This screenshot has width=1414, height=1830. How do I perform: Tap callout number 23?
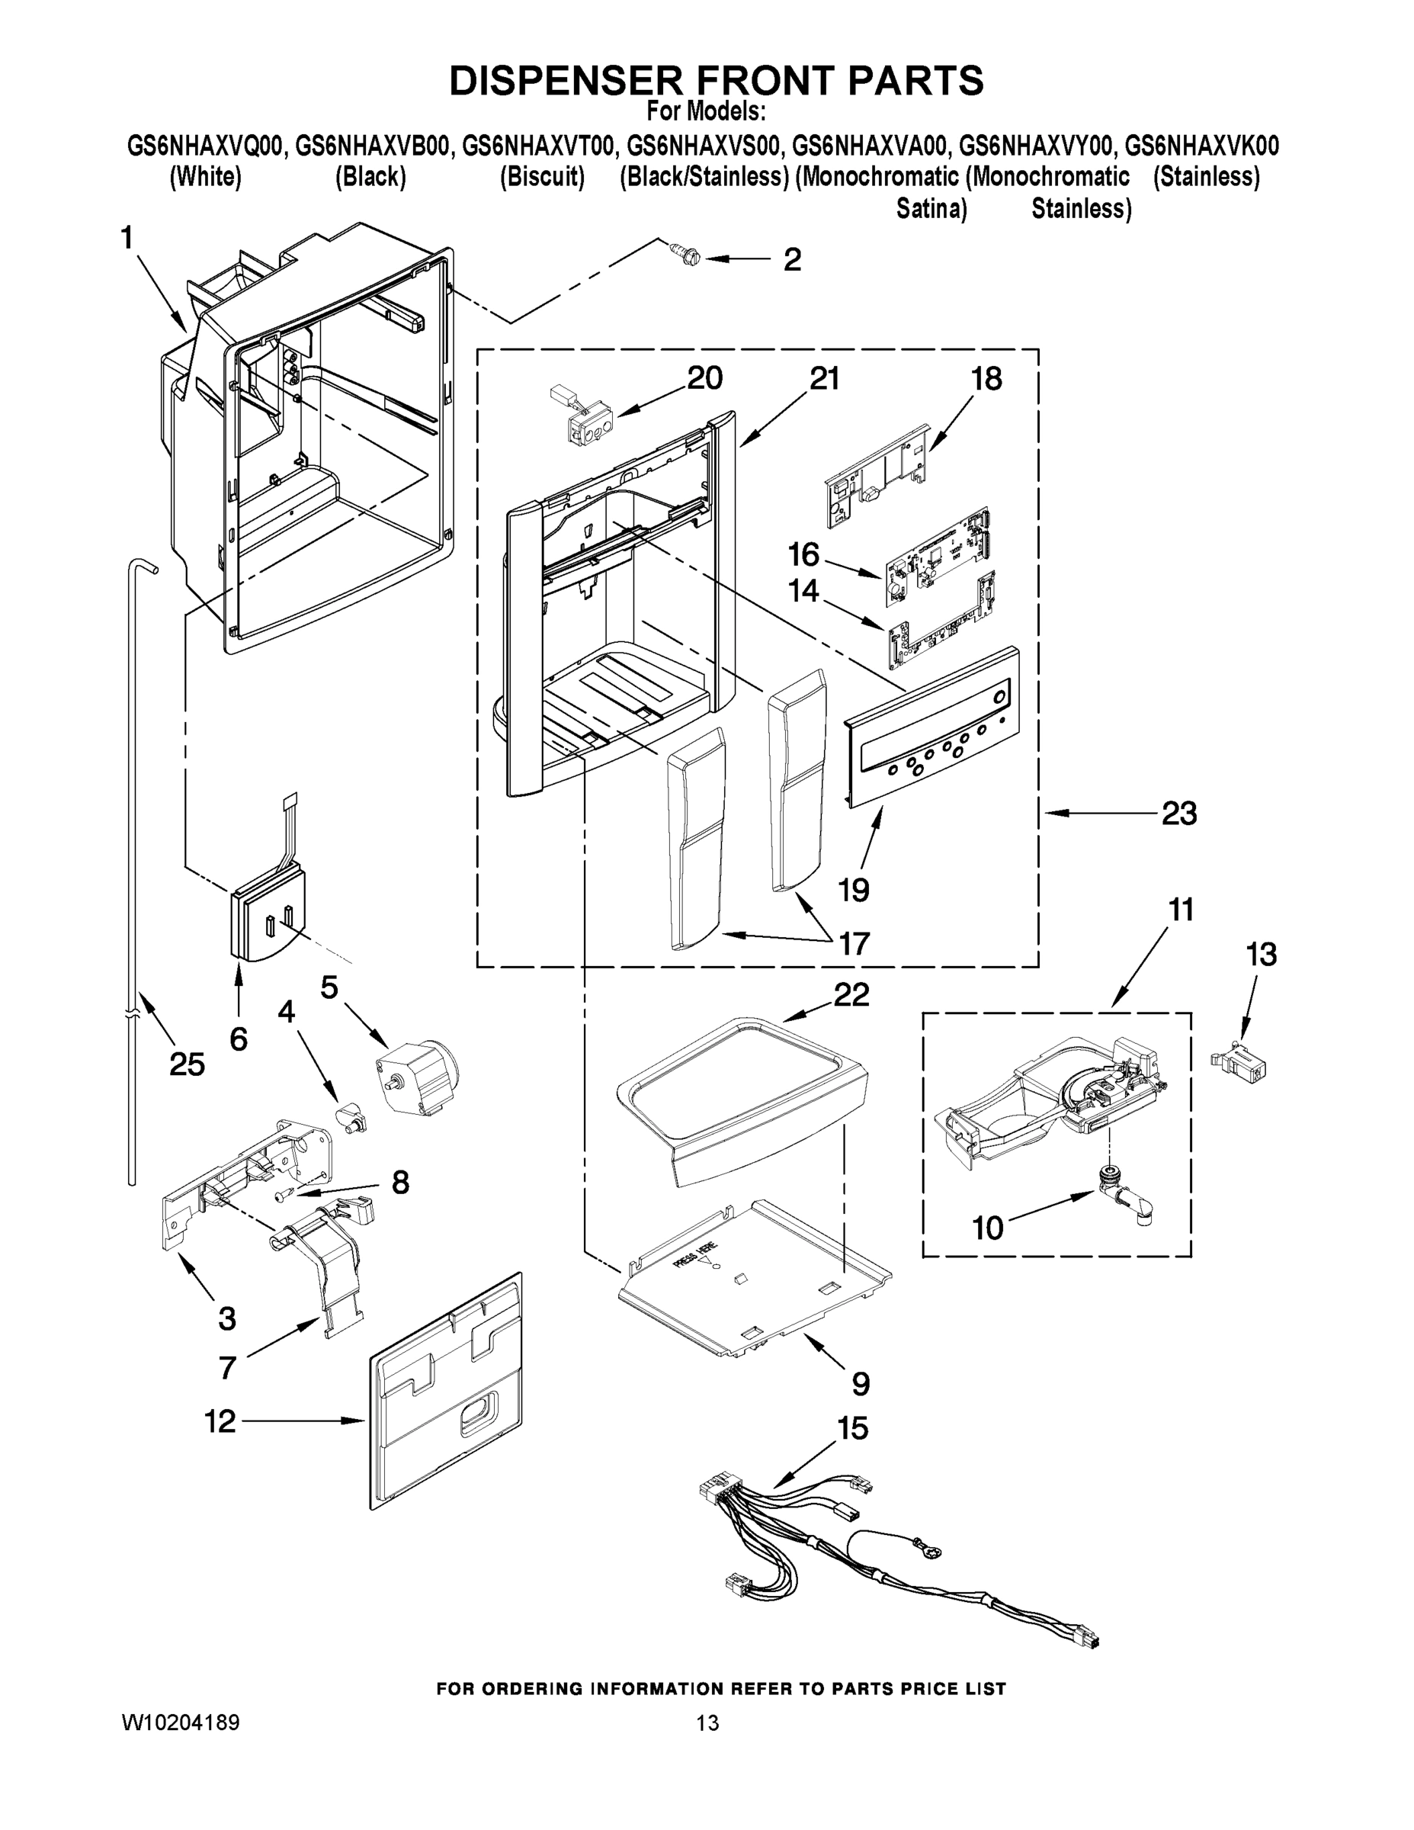point(1178,813)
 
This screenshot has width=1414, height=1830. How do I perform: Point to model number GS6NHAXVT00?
point(540,146)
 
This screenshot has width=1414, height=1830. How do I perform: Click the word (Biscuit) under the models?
point(542,178)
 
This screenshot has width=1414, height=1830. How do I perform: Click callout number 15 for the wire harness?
point(852,1429)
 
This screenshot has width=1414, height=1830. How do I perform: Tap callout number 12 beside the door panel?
point(220,1421)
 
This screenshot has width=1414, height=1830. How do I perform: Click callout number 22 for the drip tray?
point(851,994)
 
